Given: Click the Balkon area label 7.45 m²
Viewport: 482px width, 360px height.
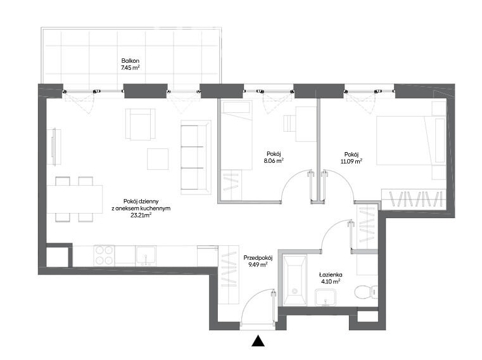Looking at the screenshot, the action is (130, 68).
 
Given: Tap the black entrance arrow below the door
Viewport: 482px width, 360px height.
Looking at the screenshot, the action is (258, 340).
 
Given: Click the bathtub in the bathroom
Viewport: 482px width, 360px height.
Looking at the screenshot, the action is (295, 280).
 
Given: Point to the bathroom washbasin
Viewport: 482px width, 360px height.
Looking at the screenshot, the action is (326, 298).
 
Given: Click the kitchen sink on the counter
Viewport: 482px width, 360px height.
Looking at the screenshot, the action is (146, 255).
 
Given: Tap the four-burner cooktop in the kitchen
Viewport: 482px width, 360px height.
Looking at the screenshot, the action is (104, 255).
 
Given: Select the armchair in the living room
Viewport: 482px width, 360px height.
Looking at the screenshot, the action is (140, 124).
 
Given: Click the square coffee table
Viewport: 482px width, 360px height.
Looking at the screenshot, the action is (158, 159).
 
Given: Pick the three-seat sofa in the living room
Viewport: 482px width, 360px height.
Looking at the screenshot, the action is (196, 157).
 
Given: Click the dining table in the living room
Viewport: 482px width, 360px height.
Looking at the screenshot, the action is (75, 199).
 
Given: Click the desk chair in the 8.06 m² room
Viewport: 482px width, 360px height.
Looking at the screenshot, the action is (289, 124).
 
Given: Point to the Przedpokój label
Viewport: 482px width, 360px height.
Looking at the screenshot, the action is (258, 258).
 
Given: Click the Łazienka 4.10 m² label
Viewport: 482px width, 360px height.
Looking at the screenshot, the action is (331, 278).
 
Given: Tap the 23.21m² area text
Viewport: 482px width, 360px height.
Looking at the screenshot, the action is (141, 215).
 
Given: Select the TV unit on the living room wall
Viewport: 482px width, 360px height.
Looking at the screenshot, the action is (54, 147).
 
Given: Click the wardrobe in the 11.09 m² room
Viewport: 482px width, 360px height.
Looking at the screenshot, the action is (414, 199).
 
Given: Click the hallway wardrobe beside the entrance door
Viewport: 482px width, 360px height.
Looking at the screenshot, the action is (229, 275).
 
